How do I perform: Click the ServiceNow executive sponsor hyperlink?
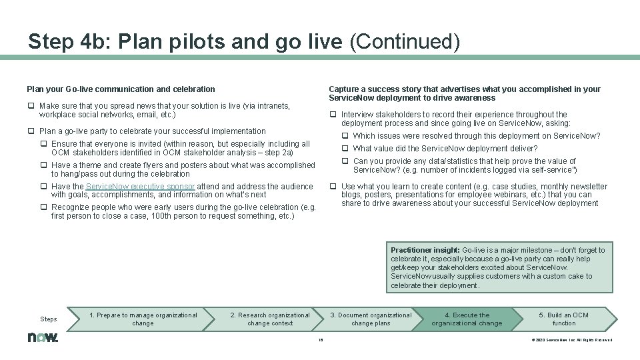point(141,187)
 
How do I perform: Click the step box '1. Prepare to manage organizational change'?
point(143,319)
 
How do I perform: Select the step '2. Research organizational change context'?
point(270,319)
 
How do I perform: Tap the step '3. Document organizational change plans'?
point(371,319)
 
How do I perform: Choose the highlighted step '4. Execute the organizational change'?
point(467,319)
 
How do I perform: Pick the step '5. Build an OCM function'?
point(563,319)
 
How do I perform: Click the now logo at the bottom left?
point(43,337)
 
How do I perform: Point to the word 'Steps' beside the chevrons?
point(49,319)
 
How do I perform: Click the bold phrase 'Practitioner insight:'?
point(425,250)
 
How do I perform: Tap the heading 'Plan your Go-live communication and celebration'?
point(121,89)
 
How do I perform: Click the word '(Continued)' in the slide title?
point(405,42)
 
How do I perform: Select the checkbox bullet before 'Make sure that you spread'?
point(31,106)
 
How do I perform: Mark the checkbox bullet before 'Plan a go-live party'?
point(31,131)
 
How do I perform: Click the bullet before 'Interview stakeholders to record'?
point(333,115)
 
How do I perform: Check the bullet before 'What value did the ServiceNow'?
point(345,149)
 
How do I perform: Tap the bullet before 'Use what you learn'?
point(333,187)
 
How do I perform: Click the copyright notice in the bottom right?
point(571,339)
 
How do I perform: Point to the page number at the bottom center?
point(321,339)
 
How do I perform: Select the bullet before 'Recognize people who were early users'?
point(43,208)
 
